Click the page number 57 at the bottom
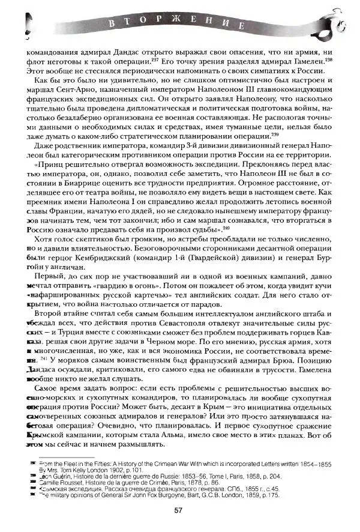(x=178, y=510)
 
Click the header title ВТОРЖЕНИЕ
(x=178, y=25)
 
